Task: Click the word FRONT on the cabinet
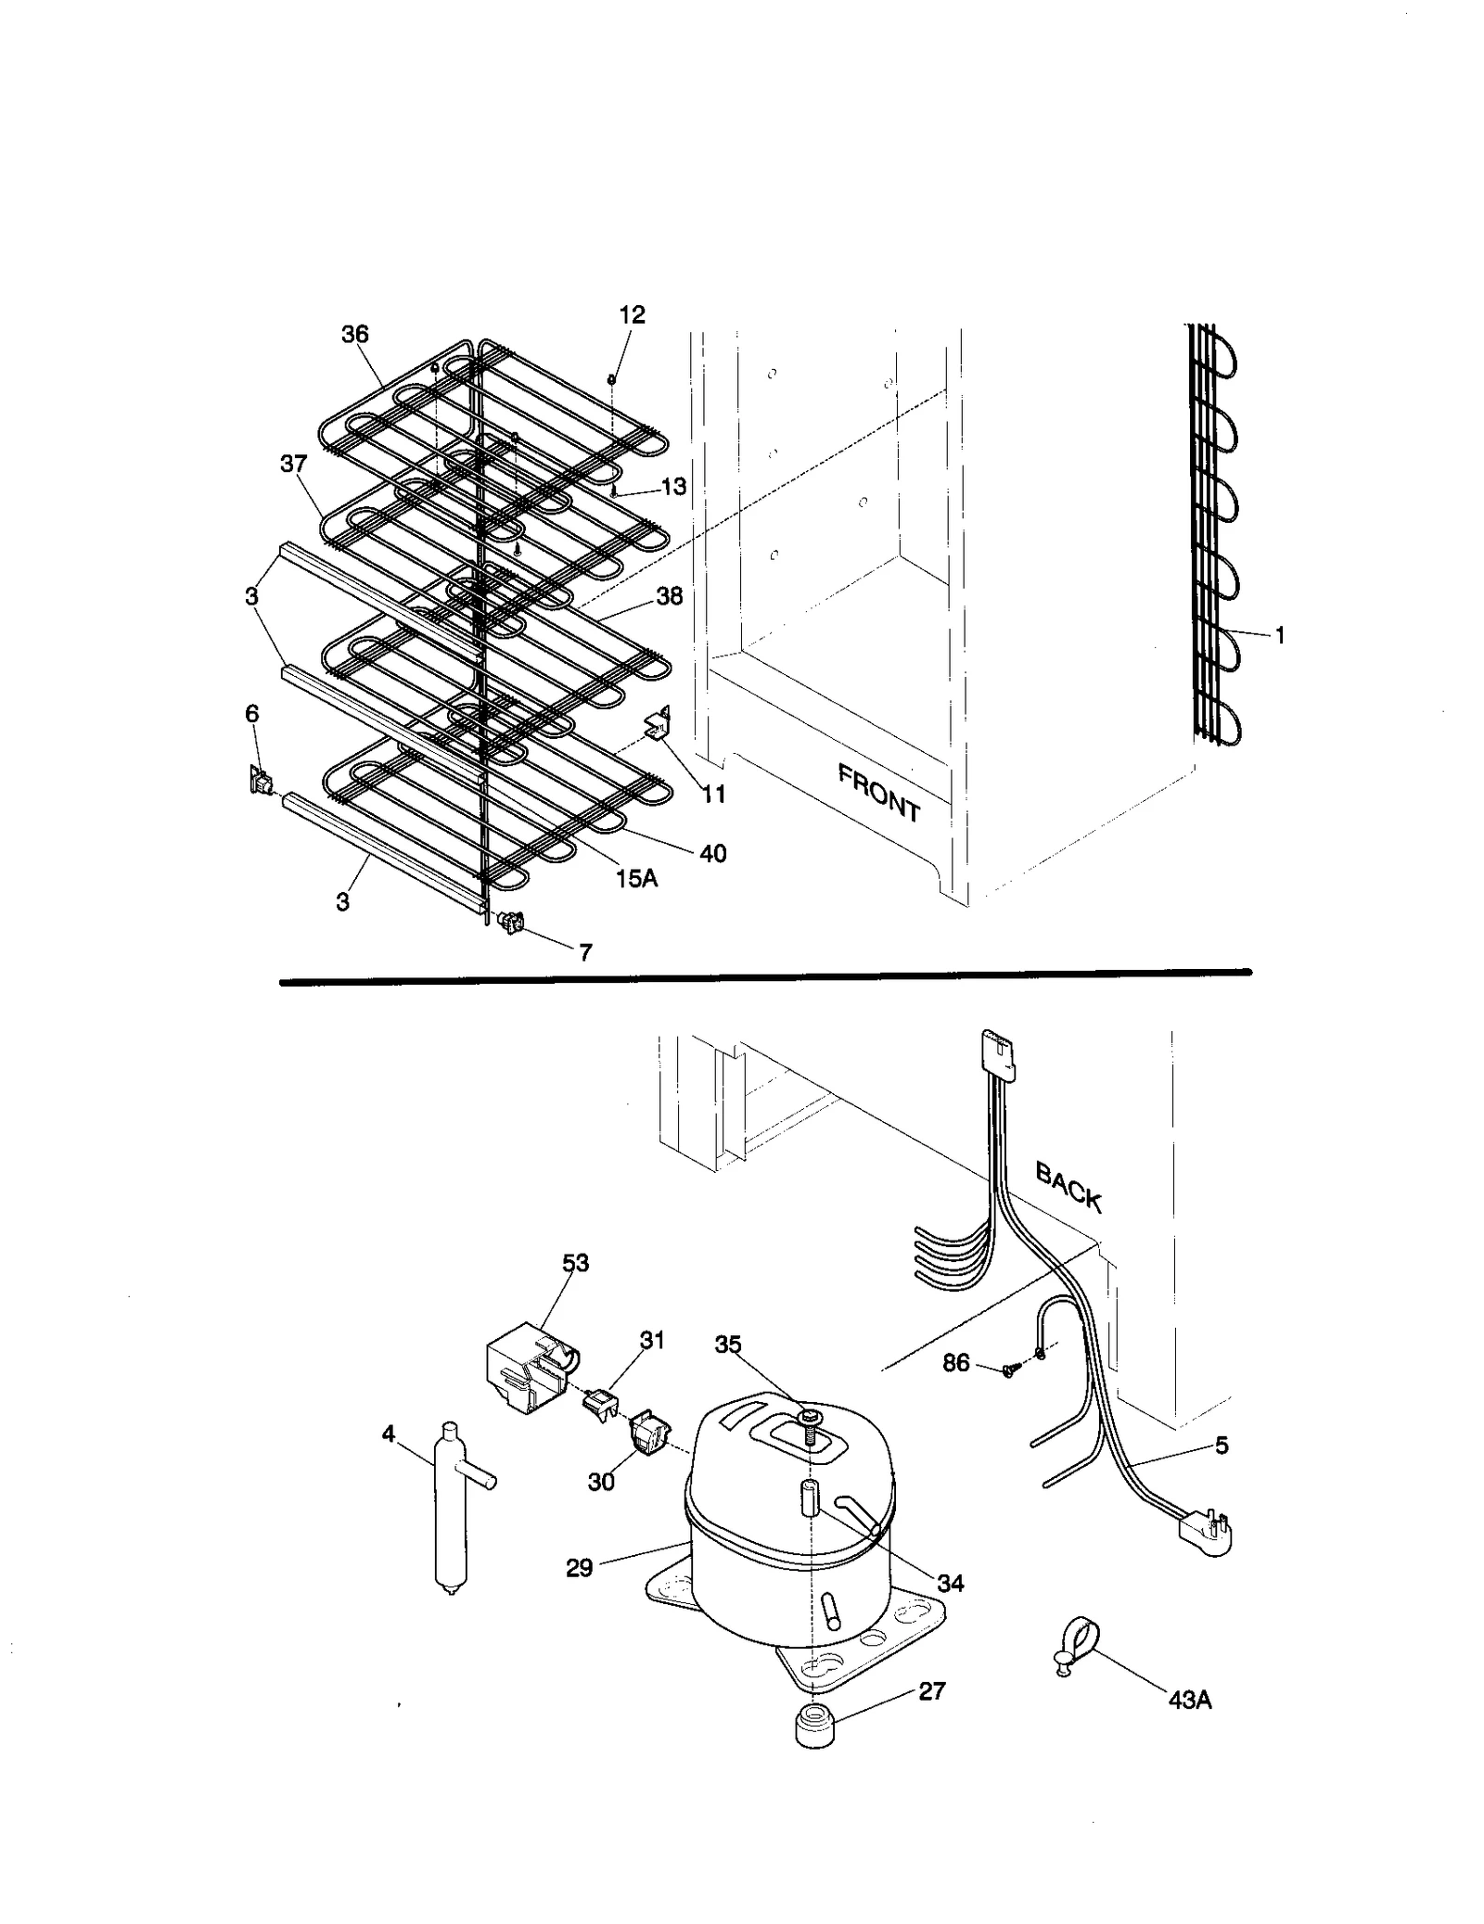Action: click(x=877, y=793)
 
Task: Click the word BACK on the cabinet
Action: click(x=1068, y=1189)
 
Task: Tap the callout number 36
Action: click(x=355, y=335)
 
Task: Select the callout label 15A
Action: click(x=636, y=878)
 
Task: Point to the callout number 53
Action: click(x=575, y=1263)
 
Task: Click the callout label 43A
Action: click(x=1190, y=1701)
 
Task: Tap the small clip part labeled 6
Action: click(x=259, y=782)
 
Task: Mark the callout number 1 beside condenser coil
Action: click(x=1280, y=635)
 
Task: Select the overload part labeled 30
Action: click(x=649, y=1436)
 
